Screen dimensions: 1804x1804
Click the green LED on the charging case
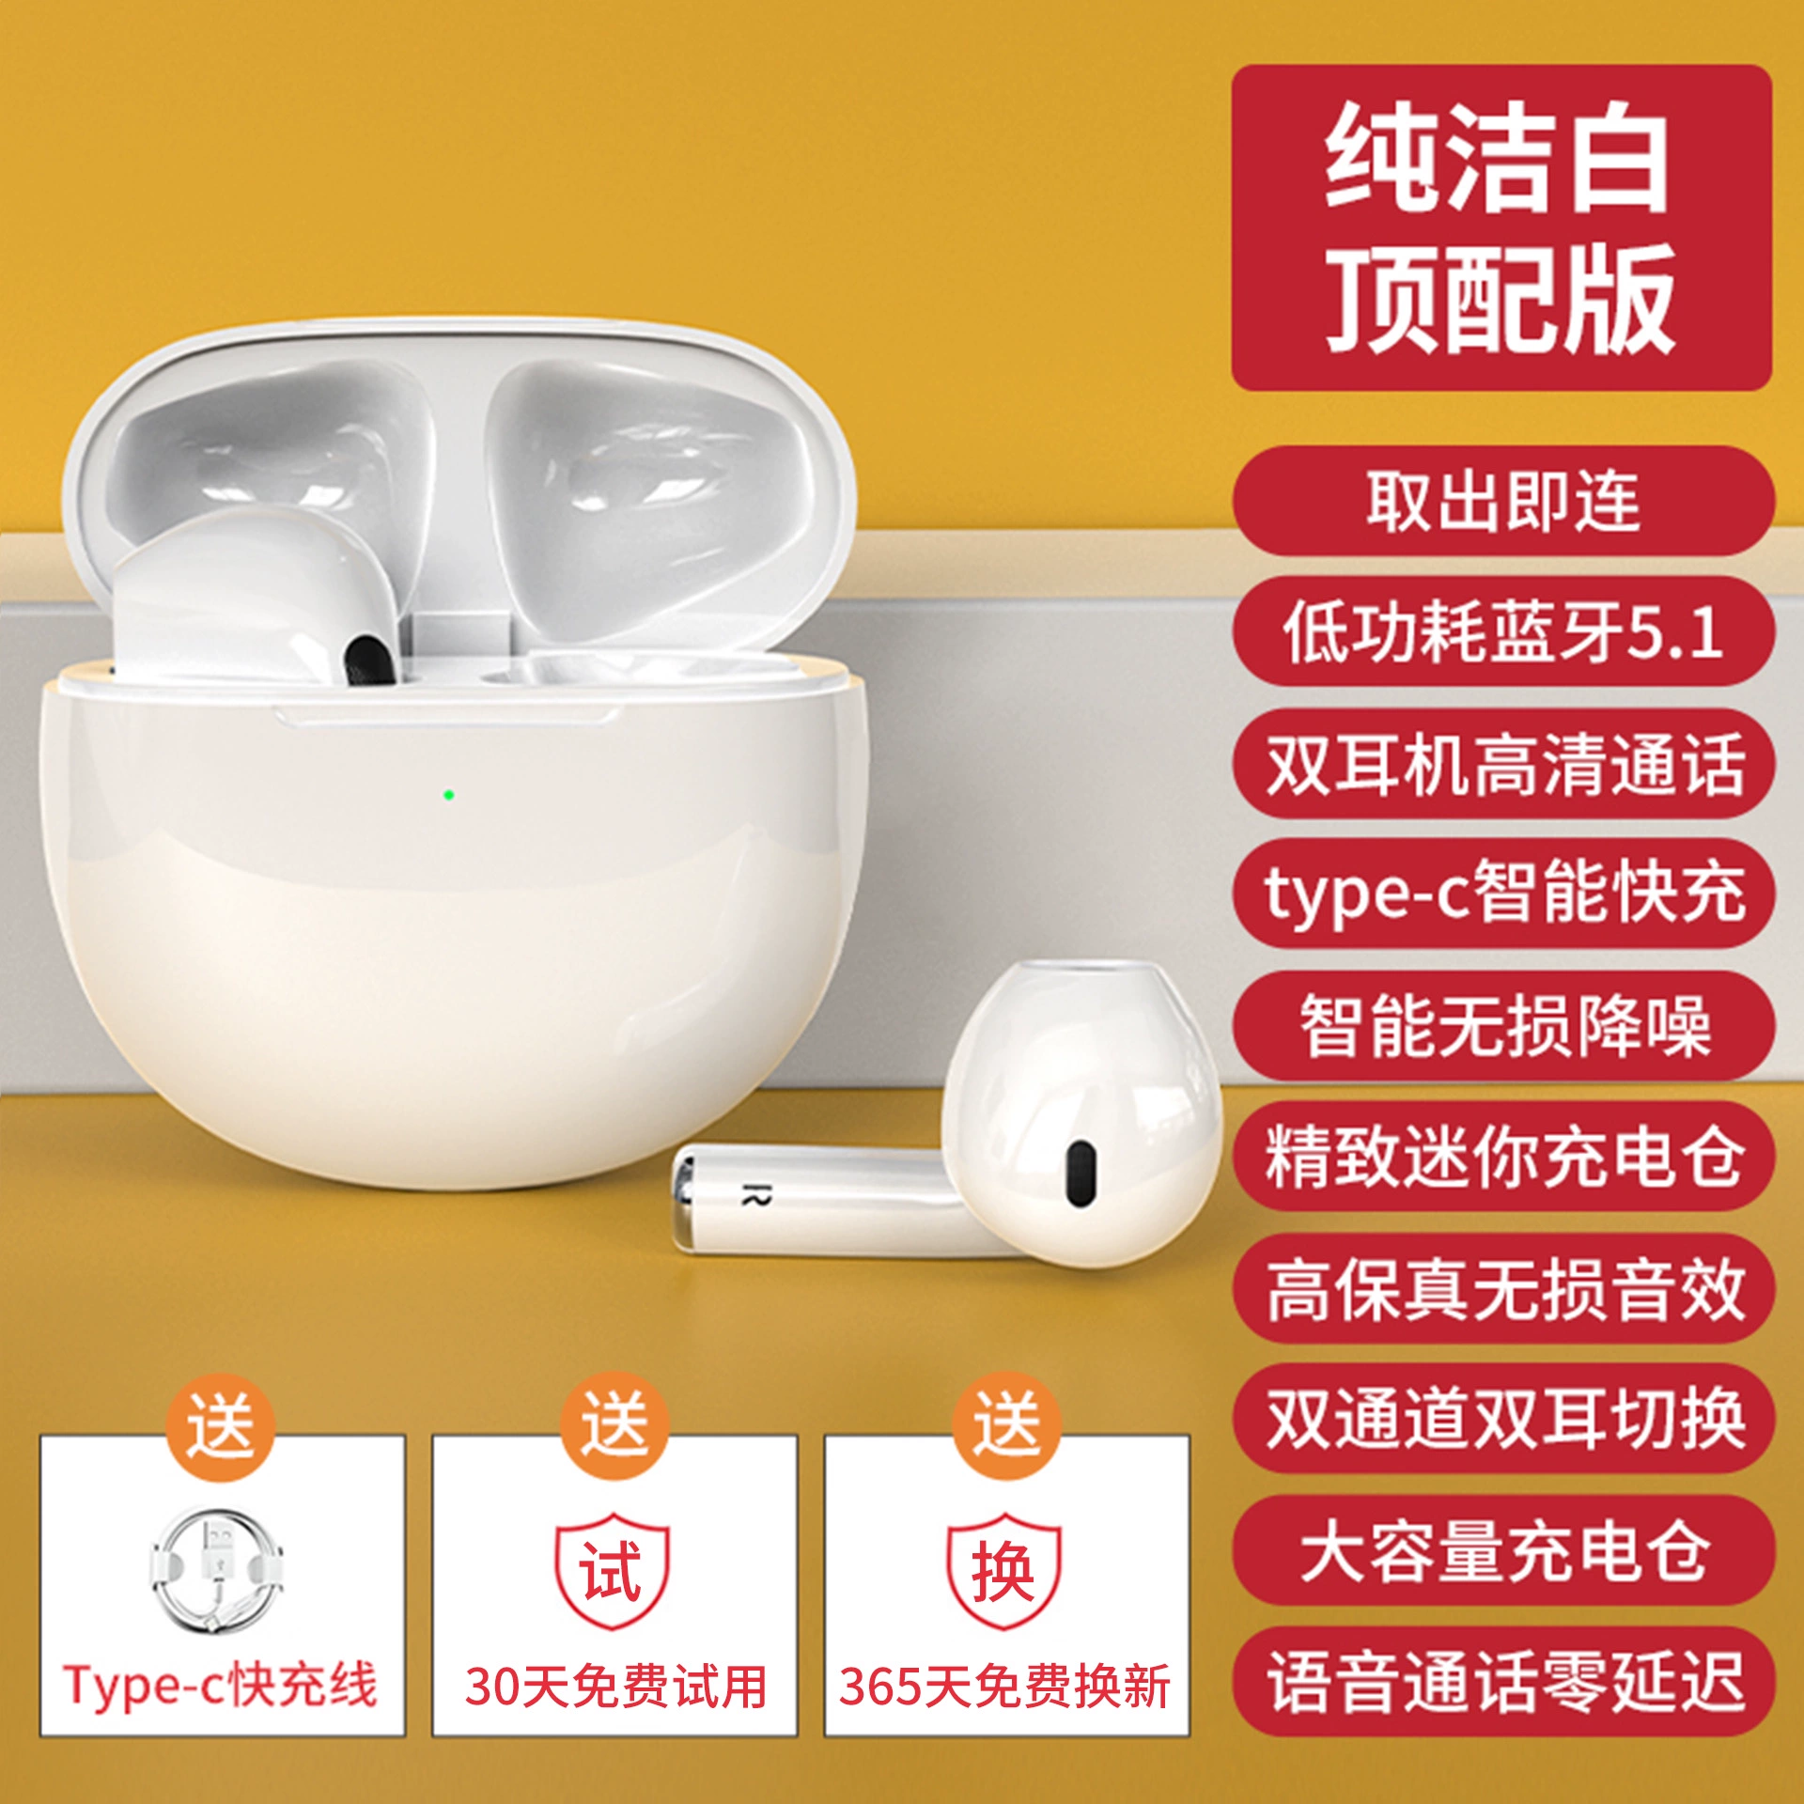[x=449, y=795]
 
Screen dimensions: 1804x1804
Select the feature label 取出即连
[x=1503, y=502]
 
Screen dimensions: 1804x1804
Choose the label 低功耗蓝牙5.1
[x=1503, y=632]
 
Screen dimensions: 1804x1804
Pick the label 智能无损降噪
[x=1503, y=1025]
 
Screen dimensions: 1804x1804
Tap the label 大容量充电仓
[x=1503, y=1550]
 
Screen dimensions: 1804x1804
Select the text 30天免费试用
[x=615, y=1686]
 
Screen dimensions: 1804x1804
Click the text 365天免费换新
[x=1004, y=1686]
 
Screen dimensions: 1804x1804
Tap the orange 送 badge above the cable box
[x=221, y=1427]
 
